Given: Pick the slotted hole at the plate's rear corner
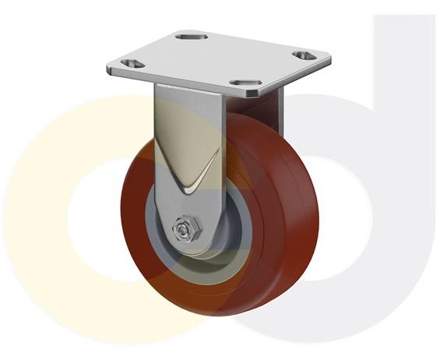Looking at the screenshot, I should (x=189, y=35).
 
